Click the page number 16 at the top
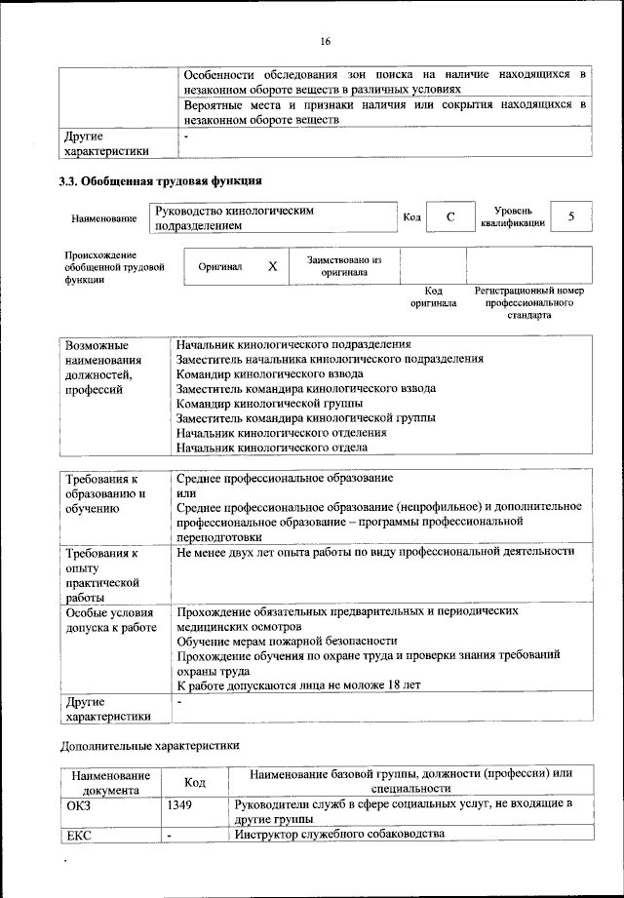point(325,40)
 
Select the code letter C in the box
point(451,216)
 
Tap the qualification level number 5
point(571,216)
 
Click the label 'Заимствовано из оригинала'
point(344,266)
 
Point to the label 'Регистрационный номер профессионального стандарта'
point(528,303)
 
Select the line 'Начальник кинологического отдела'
point(272,448)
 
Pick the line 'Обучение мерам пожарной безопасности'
point(287,641)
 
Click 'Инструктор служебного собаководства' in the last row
point(339,835)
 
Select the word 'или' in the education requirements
point(185,492)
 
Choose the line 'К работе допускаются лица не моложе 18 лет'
point(298,684)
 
